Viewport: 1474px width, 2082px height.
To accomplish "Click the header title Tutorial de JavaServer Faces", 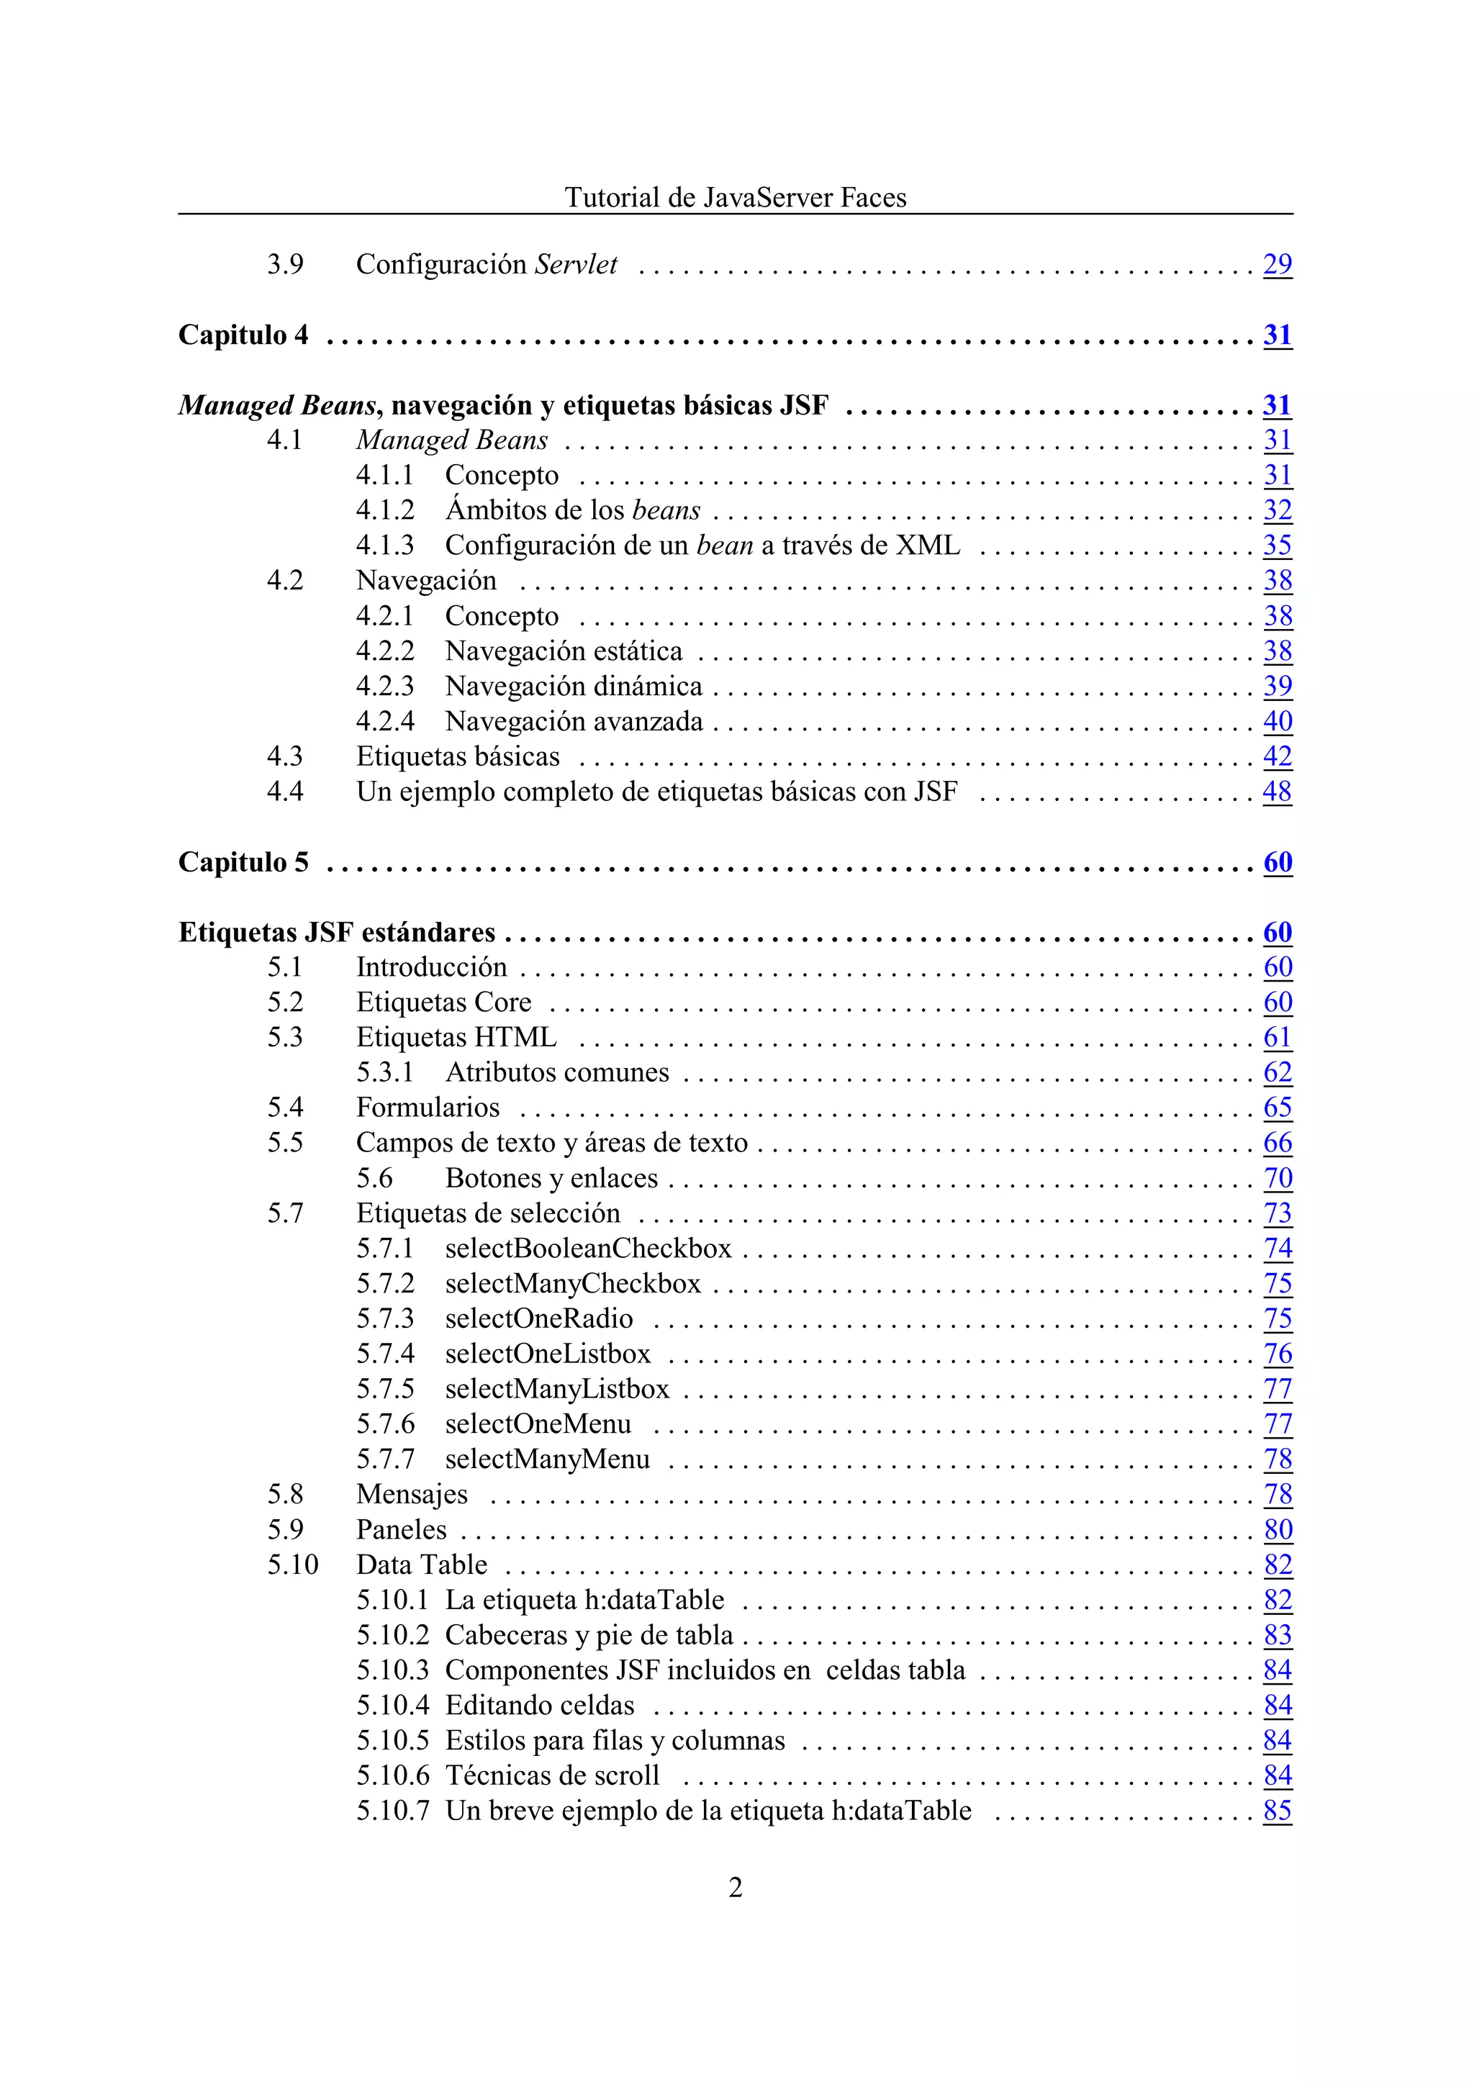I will pos(735,197).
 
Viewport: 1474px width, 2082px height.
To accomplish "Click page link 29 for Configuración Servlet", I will pos(1277,264).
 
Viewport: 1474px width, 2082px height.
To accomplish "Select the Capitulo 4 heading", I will pos(243,335).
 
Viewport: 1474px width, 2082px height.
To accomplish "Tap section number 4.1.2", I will pos(385,510).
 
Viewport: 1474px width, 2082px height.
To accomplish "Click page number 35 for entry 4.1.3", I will pos(1277,546).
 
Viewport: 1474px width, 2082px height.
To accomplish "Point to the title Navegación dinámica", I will pos(574,686).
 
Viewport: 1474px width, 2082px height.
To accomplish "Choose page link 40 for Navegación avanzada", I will pos(1277,722).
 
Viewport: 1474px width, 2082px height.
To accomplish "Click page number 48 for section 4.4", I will pos(1277,792).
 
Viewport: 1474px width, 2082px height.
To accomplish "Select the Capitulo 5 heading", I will pos(243,862).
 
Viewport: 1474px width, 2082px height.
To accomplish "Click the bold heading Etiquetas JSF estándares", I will pos(337,932).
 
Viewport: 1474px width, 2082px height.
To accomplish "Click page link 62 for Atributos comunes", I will pos(1277,1073).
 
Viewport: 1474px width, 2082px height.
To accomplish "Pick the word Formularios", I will pos(428,1108).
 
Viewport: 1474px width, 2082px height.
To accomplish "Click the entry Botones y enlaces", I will pos(551,1178).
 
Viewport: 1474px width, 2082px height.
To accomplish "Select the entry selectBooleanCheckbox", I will pos(588,1248).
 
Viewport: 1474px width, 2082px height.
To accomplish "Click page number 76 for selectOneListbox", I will pos(1277,1354).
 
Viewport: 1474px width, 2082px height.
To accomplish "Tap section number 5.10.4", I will pos(392,1706).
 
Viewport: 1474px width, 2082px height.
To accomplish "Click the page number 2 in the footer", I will pos(735,1887).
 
